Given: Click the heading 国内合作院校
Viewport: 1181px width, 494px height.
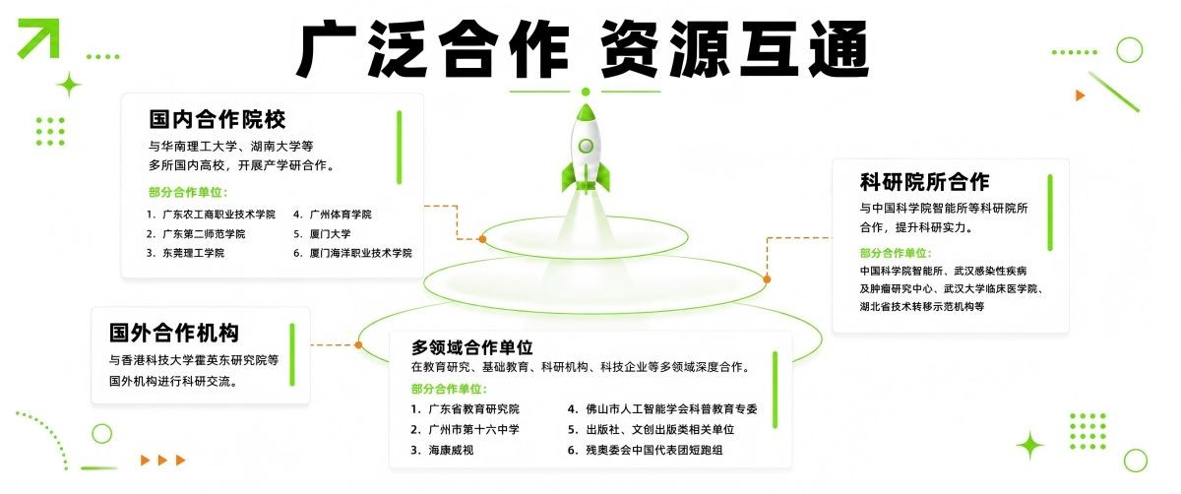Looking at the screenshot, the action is click(218, 120).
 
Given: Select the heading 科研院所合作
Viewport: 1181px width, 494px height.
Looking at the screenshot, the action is click(925, 182).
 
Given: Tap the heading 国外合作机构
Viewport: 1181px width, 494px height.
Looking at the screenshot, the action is click(174, 333).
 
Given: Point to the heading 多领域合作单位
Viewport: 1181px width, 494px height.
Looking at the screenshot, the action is click(471, 347).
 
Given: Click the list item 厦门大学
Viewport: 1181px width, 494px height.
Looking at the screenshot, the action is click(330, 233).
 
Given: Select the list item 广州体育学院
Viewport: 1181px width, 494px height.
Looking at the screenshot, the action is click(341, 215).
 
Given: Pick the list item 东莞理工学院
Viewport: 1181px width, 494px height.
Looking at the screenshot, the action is click(193, 253).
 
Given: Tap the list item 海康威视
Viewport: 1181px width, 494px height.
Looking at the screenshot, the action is click(451, 450).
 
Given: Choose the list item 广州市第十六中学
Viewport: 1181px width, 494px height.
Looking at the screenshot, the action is click(473, 429).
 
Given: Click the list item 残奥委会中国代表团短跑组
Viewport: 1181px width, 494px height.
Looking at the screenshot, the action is click(653, 450).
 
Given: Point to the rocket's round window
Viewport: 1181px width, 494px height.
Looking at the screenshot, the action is click(586, 146).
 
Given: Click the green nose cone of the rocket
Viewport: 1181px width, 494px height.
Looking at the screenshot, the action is click(586, 112).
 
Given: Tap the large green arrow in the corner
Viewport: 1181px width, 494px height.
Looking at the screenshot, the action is click(38, 38).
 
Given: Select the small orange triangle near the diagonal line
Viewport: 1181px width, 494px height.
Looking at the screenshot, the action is click(1081, 95).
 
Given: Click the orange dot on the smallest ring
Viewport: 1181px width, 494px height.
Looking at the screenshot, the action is click(482, 239).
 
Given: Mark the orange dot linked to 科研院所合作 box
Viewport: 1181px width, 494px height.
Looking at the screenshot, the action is click(767, 278).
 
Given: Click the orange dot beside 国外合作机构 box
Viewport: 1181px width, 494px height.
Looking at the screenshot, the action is click(358, 344).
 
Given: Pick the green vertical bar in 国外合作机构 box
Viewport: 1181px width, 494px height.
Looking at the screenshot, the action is click(292, 355).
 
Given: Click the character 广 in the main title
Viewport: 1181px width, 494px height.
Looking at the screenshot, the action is click(326, 49).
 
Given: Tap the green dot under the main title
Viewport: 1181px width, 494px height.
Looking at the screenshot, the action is click(586, 92).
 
